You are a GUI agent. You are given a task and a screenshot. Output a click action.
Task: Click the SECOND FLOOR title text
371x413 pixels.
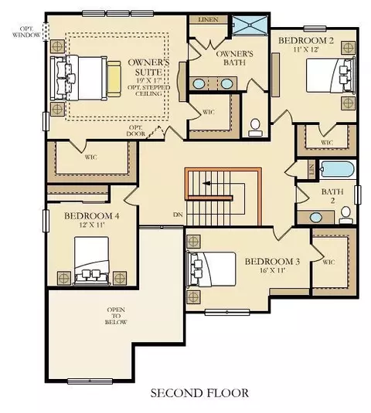(x=199, y=393)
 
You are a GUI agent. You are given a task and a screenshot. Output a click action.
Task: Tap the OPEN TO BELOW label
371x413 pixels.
(x=116, y=316)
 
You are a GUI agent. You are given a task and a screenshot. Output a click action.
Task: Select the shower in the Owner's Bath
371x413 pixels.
(x=250, y=25)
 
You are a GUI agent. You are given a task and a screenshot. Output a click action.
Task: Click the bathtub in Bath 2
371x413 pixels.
(x=337, y=169)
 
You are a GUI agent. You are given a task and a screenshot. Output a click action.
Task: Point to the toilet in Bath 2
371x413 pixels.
(x=345, y=215)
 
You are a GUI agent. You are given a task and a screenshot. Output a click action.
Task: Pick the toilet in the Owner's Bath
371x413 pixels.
(x=255, y=127)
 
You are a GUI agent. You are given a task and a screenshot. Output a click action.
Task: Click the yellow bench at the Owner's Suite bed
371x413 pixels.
(x=114, y=79)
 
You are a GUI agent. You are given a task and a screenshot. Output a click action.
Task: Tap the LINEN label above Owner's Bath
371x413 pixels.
(x=209, y=19)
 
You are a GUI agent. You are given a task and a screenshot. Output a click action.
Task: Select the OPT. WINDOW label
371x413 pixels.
(x=26, y=32)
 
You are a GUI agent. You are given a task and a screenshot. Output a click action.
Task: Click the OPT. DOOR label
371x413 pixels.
(x=136, y=130)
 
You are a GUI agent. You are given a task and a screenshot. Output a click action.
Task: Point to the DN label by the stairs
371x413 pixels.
(x=178, y=215)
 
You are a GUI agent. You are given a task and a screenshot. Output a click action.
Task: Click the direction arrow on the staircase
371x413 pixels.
(x=206, y=183)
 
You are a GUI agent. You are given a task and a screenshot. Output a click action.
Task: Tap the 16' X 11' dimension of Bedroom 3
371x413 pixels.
(x=272, y=270)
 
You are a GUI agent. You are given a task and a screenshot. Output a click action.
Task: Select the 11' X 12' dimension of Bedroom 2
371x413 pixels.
(x=306, y=49)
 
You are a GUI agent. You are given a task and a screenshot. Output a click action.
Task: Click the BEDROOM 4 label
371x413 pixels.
(x=92, y=216)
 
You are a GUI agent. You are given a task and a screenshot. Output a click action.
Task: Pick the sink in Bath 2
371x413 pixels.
(x=316, y=218)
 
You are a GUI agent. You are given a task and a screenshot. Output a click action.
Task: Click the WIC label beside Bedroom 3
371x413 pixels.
(x=328, y=262)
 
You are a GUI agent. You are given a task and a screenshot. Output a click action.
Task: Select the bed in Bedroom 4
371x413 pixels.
(x=92, y=260)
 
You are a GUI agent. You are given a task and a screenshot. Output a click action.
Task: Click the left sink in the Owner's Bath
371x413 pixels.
(x=199, y=84)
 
